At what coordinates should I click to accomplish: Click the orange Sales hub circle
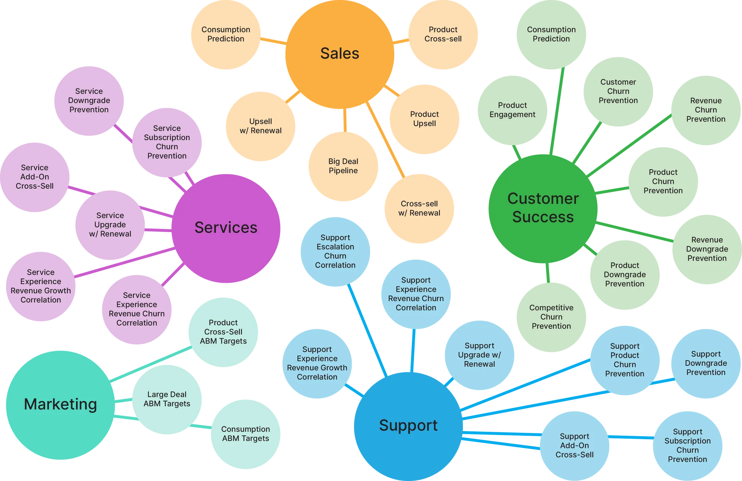(x=340, y=54)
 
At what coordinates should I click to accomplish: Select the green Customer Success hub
(x=543, y=208)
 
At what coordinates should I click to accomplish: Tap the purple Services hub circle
(x=226, y=228)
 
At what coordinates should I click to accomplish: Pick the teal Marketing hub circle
(x=60, y=404)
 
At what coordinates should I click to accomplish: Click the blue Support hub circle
(x=408, y=426)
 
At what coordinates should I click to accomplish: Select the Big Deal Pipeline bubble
(x=343, y=166)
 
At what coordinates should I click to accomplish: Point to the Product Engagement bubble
(x=512, y=110)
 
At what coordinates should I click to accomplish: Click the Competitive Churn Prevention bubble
(x=551, y=317)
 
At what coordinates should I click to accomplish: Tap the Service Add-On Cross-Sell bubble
(x=35, y=177)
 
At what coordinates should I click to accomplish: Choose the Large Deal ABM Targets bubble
(x=167, y=399)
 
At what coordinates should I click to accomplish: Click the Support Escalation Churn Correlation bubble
(x=335, y=251)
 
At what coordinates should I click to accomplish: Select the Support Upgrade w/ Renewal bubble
(x=479, y=355)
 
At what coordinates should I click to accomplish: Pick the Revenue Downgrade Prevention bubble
(x=707, y=249)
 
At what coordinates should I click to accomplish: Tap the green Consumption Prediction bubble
(x=551, y=34)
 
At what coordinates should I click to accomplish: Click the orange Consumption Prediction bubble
(x=226, y=34)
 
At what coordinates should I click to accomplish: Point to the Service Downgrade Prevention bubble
(x=89, y=101)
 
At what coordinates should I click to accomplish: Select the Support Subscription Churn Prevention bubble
(x=687, y=445)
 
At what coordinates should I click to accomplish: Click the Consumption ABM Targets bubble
(x=245, y=434)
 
